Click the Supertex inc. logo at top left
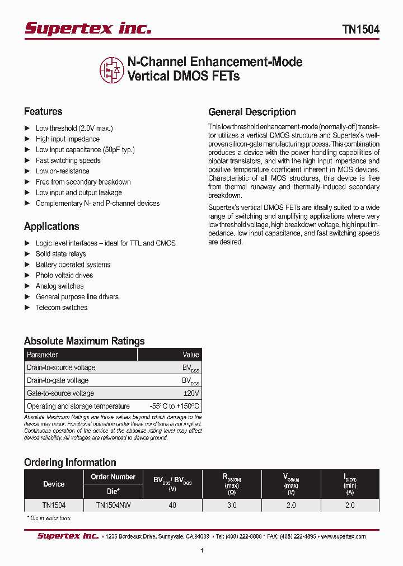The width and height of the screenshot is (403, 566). (88, 29)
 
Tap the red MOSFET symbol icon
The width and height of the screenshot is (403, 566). (111, 69)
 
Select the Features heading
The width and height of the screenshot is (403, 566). (43, 111)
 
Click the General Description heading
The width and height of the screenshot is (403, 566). (252, 112)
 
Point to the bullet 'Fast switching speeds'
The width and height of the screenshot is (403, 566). (68, 161)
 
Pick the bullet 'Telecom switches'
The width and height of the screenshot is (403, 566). (62, 308)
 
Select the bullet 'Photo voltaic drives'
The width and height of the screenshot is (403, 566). (64, 275)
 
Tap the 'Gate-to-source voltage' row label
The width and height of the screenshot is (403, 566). (60, 393)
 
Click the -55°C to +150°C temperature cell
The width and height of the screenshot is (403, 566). (174, 406)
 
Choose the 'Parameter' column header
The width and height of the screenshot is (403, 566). (43, 355)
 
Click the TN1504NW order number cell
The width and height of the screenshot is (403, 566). (114, 505)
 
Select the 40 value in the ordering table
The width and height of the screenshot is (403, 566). (172, 505)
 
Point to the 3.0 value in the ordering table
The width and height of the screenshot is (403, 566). (232, 505)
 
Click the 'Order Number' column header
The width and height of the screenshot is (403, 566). (113, 477)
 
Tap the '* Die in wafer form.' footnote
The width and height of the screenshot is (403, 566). (49, 518)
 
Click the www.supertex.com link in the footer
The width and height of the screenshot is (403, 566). (343, 536)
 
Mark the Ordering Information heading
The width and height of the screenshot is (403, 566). (70, 463)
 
